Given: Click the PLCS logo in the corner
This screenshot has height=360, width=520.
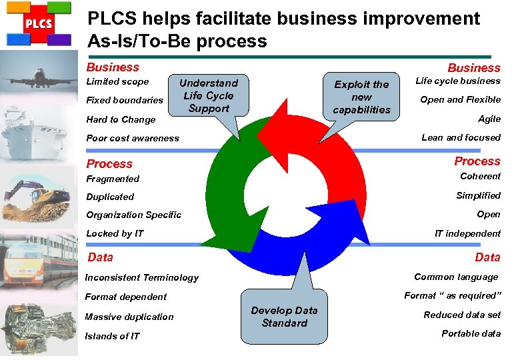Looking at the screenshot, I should [38, 25].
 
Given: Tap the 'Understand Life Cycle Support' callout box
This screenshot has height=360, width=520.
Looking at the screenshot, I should [209, 95].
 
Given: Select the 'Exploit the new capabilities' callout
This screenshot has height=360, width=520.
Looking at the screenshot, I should [362, 97].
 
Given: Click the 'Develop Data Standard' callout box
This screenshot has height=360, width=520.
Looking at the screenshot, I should [284, 317].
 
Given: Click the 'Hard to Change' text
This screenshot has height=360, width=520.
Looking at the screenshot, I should [121, 120].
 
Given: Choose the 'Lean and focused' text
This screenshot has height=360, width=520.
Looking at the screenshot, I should [461, 137].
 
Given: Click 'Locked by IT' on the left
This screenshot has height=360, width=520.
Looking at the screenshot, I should [115, 233].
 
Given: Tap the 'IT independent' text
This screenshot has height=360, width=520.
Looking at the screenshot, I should [467, 233].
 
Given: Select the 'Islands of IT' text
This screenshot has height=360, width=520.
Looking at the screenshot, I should [112, 336].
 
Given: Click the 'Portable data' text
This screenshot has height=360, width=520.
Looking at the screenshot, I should [471, 333].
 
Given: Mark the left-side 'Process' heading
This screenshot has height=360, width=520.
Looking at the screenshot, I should [109, 164].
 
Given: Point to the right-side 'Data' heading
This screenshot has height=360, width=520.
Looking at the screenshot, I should [487, 257].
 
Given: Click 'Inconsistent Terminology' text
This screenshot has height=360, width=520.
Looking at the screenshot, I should [142, 277].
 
